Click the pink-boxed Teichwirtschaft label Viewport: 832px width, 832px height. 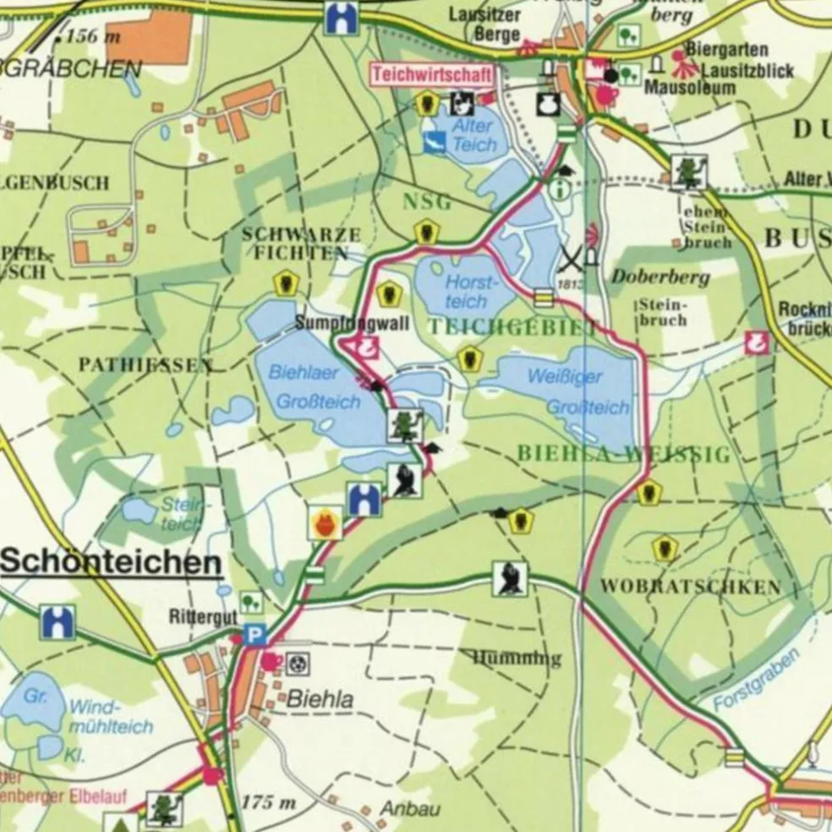[431, 74]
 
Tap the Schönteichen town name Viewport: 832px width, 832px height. [111, 562]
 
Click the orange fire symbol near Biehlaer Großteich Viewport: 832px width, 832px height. [325, 523]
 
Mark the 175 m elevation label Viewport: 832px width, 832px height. [270, 802]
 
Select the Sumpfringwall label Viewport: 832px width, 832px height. [352, 323]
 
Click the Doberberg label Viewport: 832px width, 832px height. [649, 277]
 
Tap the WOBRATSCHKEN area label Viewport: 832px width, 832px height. [690, 586]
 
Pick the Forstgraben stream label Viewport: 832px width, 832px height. [755, 680]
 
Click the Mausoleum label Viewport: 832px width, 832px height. [684, 86]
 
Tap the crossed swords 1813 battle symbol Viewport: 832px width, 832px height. [572, 256]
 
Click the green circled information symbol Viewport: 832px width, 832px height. [559, 189]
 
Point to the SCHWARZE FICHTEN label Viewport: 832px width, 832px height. [301, 243]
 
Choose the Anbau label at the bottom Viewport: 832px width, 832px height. [409, 808]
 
